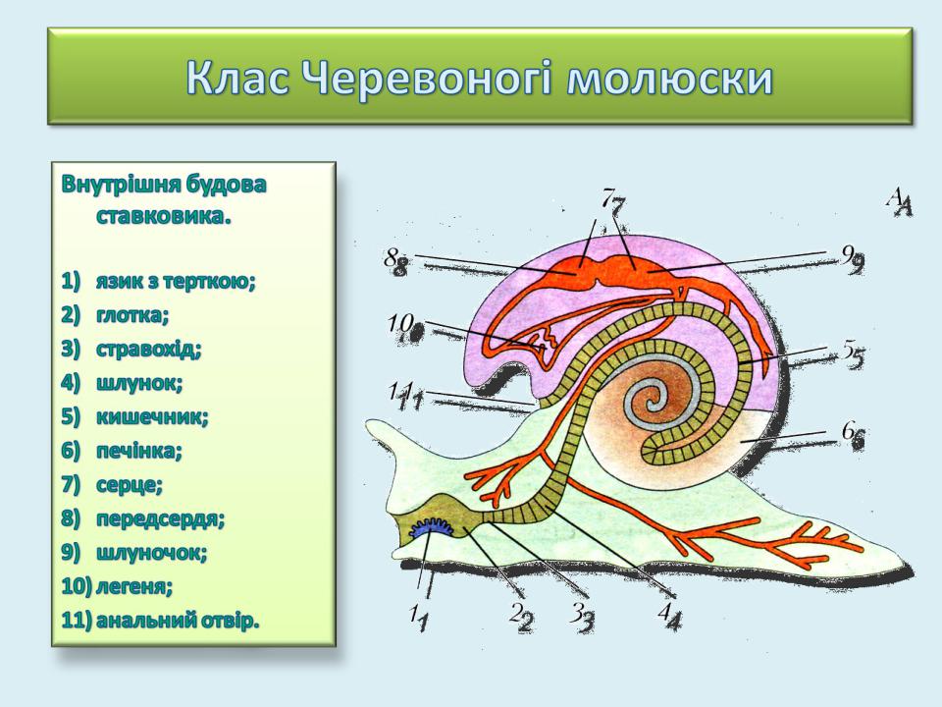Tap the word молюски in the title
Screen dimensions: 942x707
tap(669, 79)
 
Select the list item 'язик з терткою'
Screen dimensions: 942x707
tap(176, 282)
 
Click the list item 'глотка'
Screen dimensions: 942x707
tap(132, 315)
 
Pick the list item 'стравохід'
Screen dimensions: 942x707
tap(149, 349)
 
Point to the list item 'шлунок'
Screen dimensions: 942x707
tap(139, 383)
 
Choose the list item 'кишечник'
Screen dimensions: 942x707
tap(153, 416)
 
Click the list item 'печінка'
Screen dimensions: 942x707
tap(138, 451)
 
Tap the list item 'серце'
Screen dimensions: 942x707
tap(130, 484)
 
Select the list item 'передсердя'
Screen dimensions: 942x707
tap(160, 518)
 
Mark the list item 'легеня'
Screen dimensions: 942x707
tap(134, 586)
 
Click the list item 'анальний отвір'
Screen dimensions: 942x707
tap(178, 620)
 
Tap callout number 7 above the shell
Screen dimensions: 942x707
tap(614, 201)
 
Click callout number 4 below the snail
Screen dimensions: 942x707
tap(670, 616)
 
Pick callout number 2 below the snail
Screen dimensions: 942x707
tap(521, 617)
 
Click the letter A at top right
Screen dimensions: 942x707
tap(900, 202)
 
